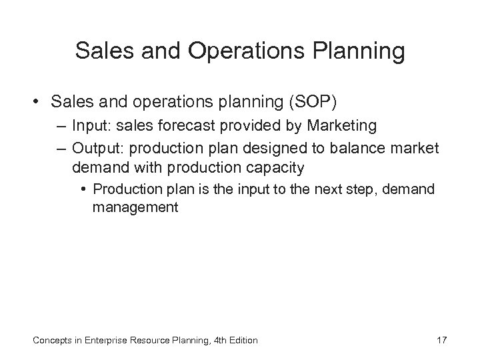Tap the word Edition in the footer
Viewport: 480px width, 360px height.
pyautogui.click(x=241, y=341)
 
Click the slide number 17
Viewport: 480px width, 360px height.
pyautogui.click(x=441, y=341)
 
